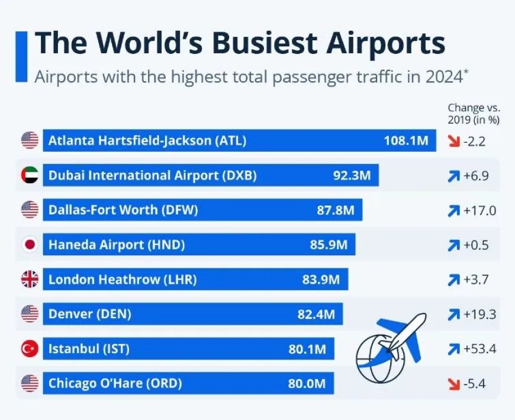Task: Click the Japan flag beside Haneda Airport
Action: tap(30, 245)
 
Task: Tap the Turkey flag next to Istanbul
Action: tap(30, 349)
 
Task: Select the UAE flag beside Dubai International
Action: tap(30, 175)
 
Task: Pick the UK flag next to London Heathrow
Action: tap(30, 280)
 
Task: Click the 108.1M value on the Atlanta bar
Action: tap(405, 141)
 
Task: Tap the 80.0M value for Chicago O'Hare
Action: tap(307, 384)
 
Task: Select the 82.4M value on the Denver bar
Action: tap(316, 314)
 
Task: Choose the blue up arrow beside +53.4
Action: tap(454, 349)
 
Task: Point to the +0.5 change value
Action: tap(477, 245)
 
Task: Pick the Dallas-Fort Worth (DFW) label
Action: tap(123, 210)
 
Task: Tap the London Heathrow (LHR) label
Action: tap(123, 280)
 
